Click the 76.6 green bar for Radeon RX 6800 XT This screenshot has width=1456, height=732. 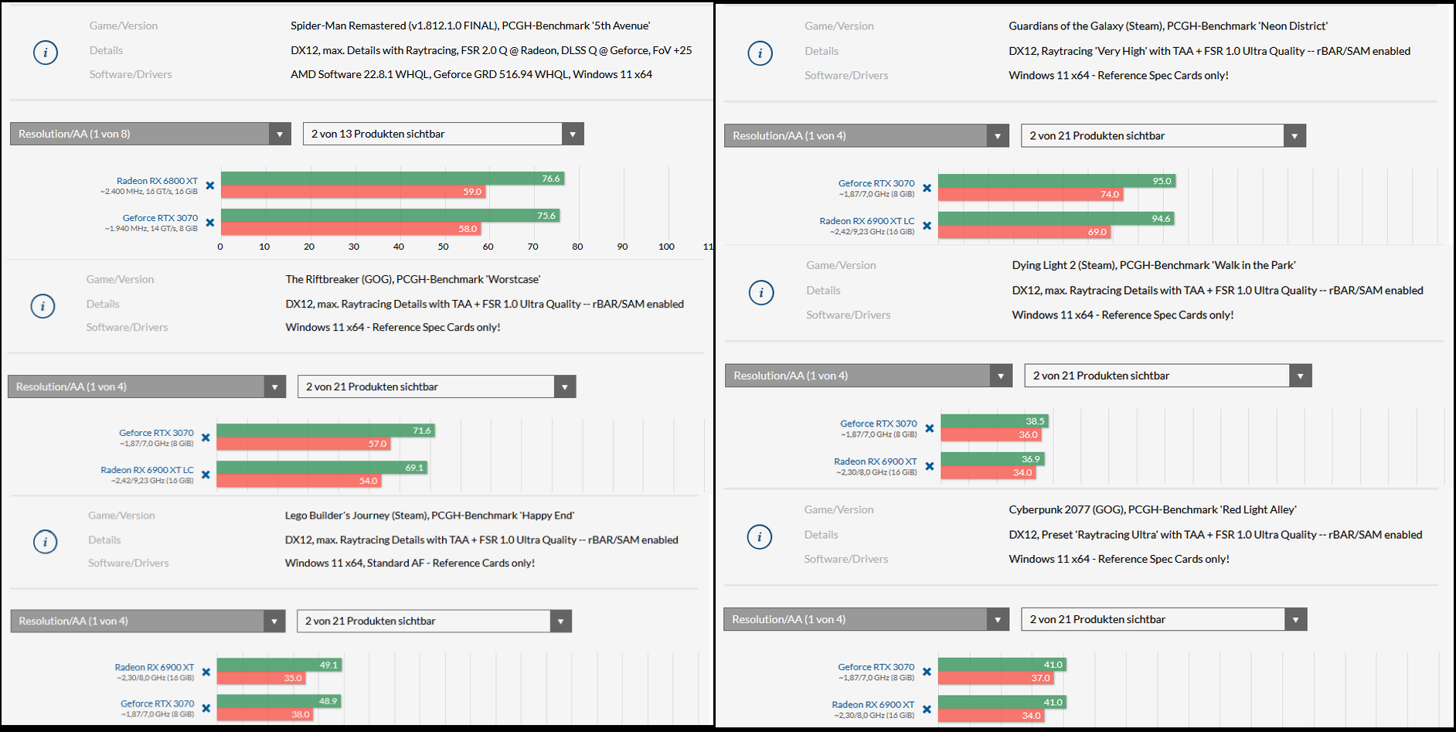pos(392,179)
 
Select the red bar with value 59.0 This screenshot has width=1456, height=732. pos(352,192)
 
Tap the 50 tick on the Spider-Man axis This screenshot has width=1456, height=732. pos(444,247)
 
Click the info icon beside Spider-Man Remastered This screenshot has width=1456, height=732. pos(46,53)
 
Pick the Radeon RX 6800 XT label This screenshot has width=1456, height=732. pos(157,181)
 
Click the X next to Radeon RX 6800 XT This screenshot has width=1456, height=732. pos(210,186)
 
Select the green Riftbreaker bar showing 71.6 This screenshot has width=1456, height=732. pos(325,431)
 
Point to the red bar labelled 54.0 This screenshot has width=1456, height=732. pos(298,481)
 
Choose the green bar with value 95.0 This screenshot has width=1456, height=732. pos(1056,181)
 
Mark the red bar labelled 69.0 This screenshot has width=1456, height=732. pos(1024,232)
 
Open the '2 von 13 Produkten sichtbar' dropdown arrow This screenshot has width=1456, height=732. pos(573,134)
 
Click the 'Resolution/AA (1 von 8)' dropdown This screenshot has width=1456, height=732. pos(150,134)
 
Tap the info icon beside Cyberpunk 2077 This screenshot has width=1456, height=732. pos(760,536)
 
